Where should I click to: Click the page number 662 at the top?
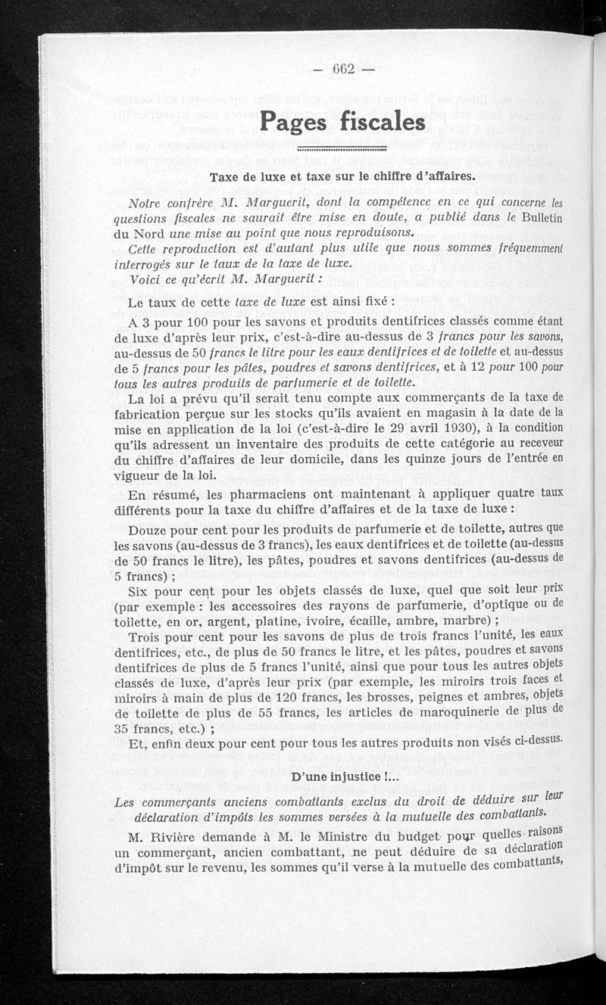pyautogui.click(x=344, y=68)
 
